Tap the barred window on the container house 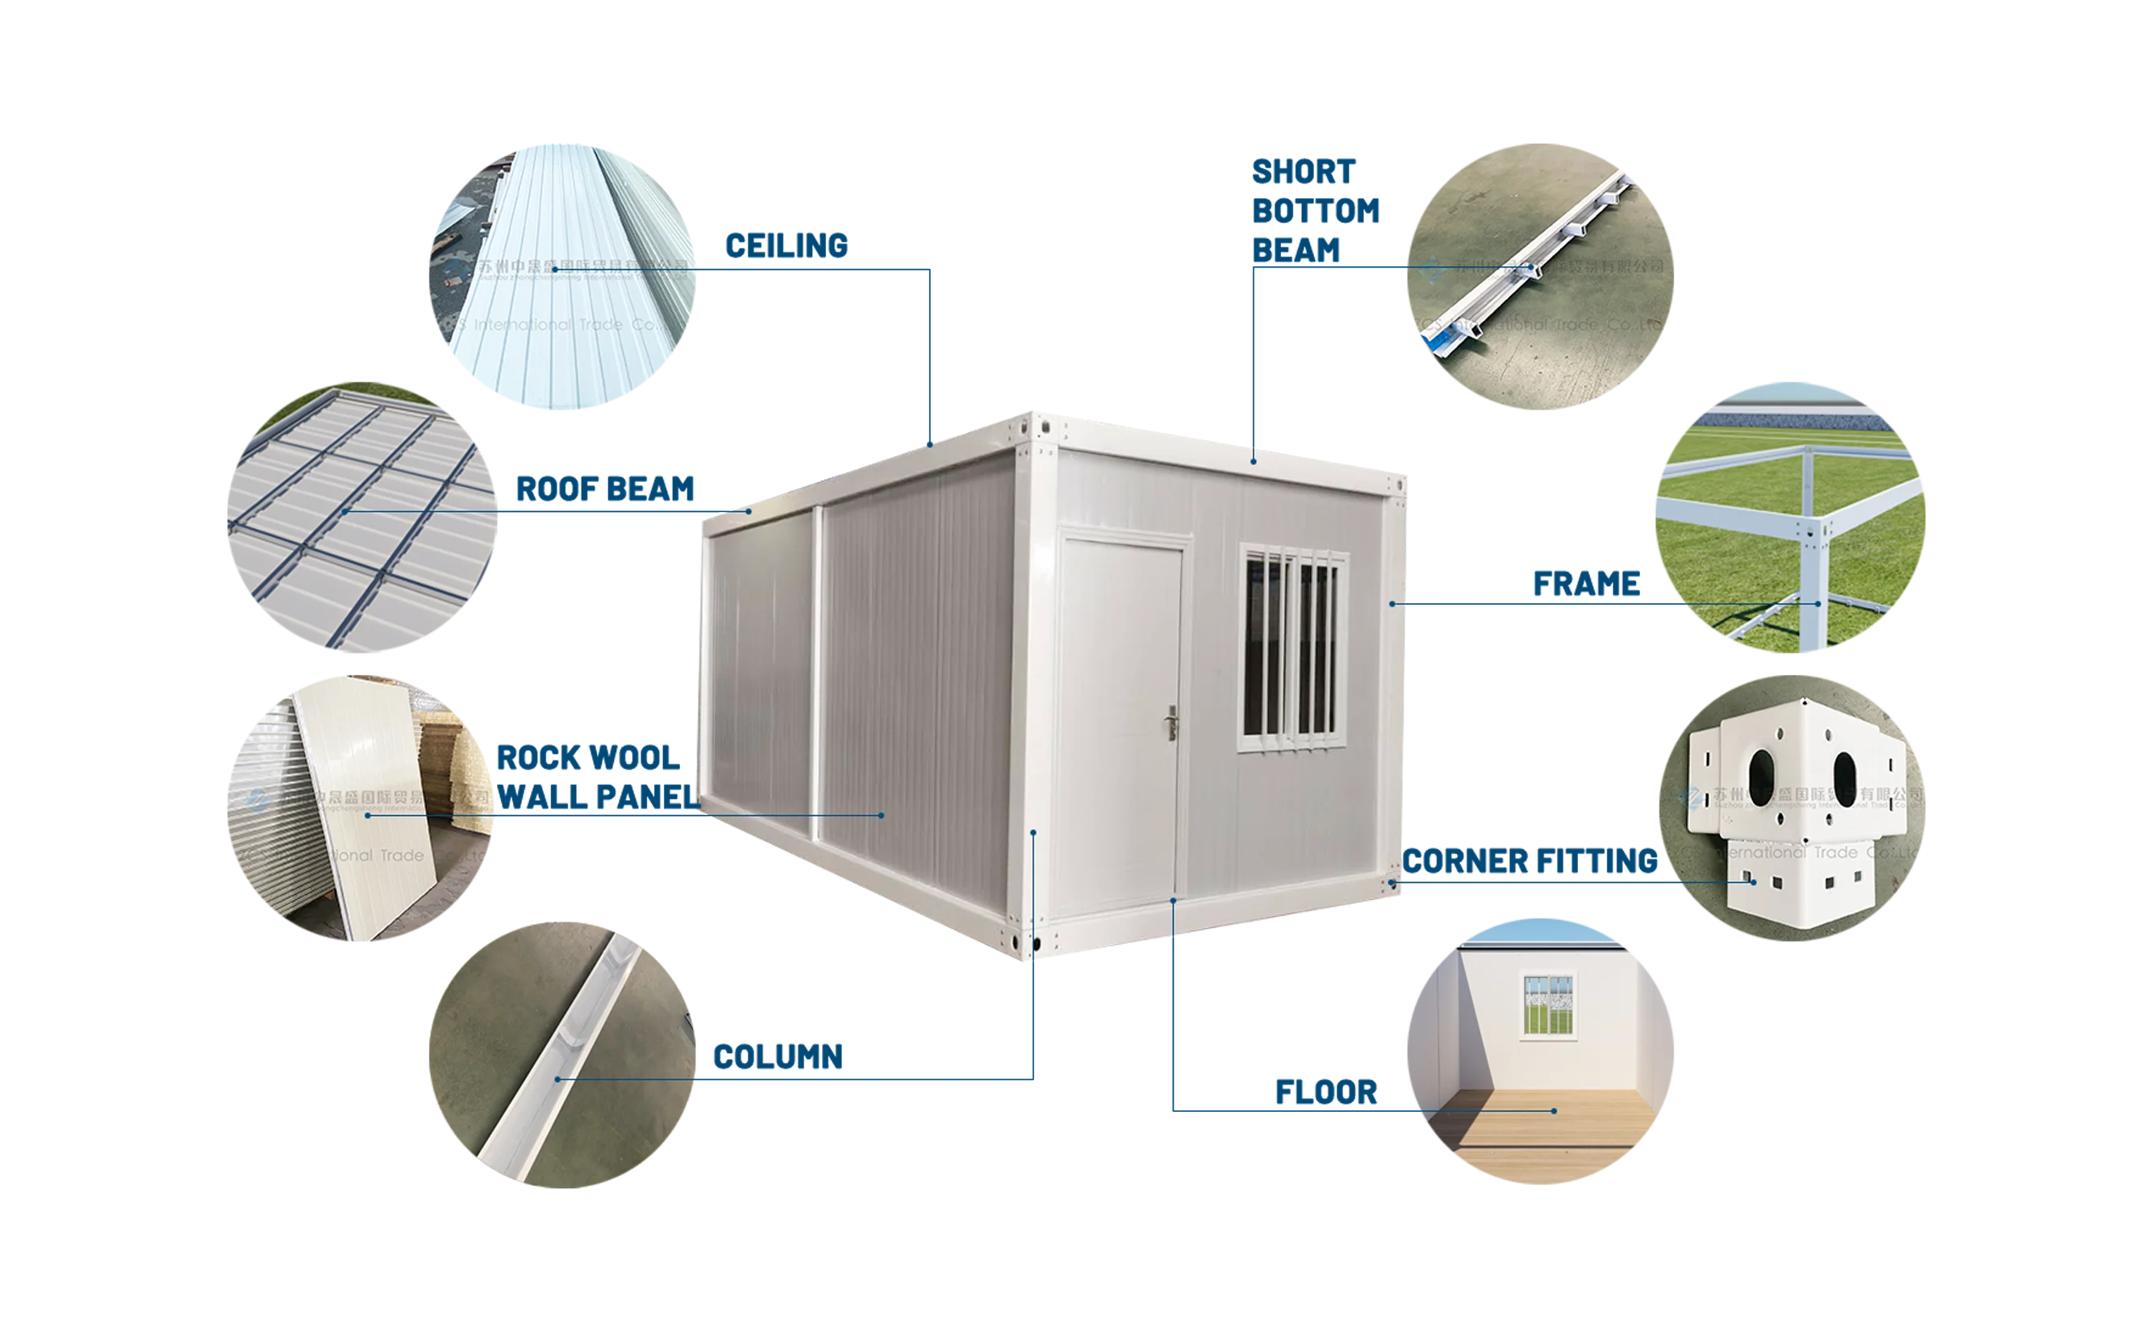(1294, 647)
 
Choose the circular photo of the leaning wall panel (361, 806)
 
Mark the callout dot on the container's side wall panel (882, 816)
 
